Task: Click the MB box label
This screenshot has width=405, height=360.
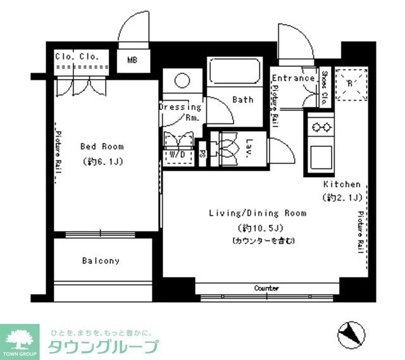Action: (x=132, y=61)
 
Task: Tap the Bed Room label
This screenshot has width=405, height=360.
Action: (x=102, y=147)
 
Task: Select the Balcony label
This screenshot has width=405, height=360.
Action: (x=101, y=261)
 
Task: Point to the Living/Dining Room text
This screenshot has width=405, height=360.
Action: (x=258, y=213)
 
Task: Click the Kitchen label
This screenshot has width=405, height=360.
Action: (x=342, y=184)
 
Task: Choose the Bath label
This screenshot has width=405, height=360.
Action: (x=242, y=100)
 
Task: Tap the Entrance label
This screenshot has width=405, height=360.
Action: (x=293, y=78)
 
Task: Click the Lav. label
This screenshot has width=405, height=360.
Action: (x=249, y=146)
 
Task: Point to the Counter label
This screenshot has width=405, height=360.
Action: (x=266, y=289)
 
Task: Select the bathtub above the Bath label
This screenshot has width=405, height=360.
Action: (x=234, y=75)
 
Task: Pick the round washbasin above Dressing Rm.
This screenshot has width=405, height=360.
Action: (x=182, y=80)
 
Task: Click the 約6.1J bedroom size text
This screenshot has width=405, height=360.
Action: (x=102, y=162)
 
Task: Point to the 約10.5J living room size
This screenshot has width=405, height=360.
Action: (x=258, y=228)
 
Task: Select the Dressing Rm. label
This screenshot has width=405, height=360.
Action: (x=180, y=112)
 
